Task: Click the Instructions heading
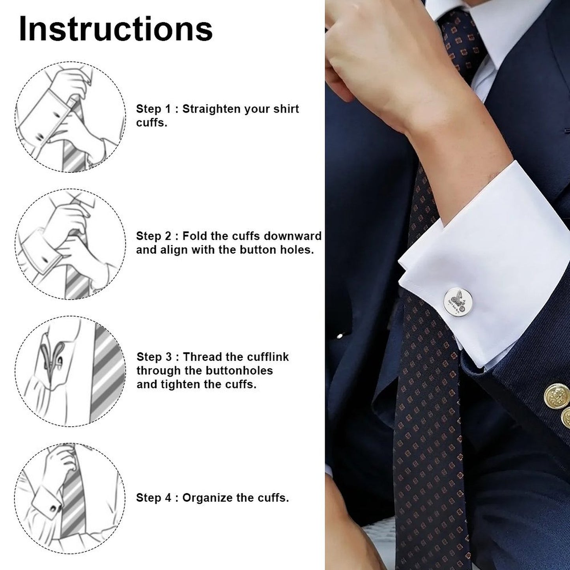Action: tap(116, 29)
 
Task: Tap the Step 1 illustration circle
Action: tap(70, 117)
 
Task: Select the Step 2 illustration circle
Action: tap(70, 244)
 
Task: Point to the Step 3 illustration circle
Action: tap(70, 371)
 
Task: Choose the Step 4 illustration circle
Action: tap(70, 498)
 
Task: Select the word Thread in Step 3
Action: tap(203, 357)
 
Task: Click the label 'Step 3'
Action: tap(154, 357)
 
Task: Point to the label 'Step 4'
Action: tap(154, 498)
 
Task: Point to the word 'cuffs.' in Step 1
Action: tap(151, 123)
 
